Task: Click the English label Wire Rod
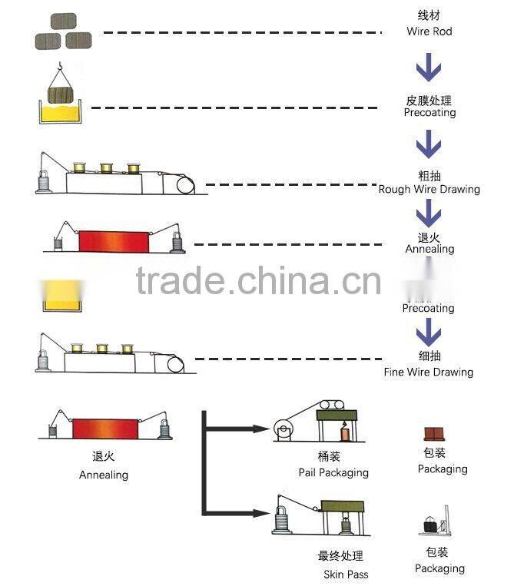429,31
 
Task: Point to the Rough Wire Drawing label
429,189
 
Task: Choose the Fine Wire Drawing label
429,372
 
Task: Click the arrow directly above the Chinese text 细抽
429,333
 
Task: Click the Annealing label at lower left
104,475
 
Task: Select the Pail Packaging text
333,472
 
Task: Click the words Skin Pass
346,574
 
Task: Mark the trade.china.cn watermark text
258,281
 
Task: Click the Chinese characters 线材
429,16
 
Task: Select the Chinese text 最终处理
340,556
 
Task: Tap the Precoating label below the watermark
429,308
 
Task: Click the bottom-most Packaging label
439,568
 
